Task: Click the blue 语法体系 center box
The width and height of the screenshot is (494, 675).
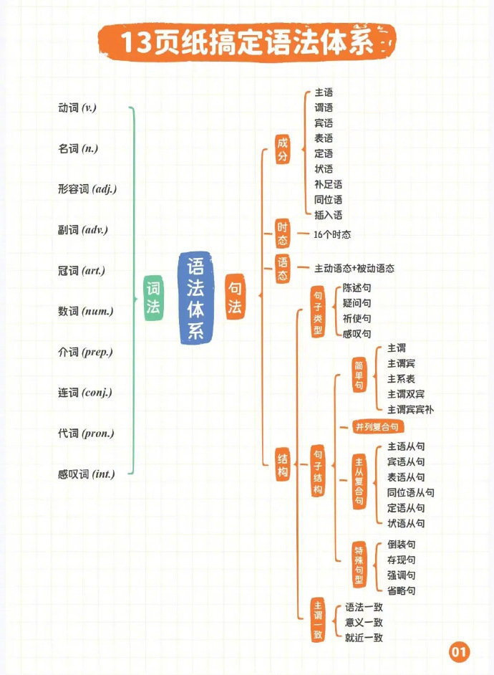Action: pyautogui.click(x=195, y=298)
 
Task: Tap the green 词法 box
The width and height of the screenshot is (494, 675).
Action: pyautogui.click(x=153, y=298)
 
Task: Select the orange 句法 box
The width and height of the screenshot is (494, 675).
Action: pyautogui.click(x=235, y=297)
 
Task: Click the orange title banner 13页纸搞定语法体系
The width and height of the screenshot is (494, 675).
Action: pyautogui.click(x=246, y=42)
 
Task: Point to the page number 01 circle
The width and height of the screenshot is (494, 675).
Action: pyautogui.click(x=459, y=651)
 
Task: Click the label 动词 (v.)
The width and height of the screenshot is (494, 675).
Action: pyautogui.click(x=77, y=107)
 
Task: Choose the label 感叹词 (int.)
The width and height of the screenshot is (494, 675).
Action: pyautogui.click(x=87, y=474)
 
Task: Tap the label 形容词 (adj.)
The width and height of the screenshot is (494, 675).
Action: pyautogui.click(x=87, y=189)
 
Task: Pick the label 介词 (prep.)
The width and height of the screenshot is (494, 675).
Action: pyautogui.click(x=86, y=352)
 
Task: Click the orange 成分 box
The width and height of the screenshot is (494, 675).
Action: pyautogui.click(x=283, y=149)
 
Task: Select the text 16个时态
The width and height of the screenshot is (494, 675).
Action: pyautogui.click(x=332, y=234)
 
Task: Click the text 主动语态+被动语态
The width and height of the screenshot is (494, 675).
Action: pyautogui.click(x=354, y=269)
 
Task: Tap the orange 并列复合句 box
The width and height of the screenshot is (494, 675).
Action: pyautogui.click(x=377, y=427)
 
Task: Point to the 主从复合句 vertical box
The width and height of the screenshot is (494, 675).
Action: pyautogui.click(x=359, y=481)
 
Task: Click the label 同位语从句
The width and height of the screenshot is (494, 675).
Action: pyautogui.click(x=410, y=492)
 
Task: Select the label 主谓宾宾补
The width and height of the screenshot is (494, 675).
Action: pyautogui.click(x=410, y=409)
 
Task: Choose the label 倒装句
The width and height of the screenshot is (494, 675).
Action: pyautogui.click(x=401, y=545)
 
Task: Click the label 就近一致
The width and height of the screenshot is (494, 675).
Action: pyautogui.click(x=364, y=638)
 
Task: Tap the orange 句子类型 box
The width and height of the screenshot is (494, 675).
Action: pyautogui.click(x=318, y=312)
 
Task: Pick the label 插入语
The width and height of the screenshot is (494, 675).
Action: pyautogui.click(x=329, y=215)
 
